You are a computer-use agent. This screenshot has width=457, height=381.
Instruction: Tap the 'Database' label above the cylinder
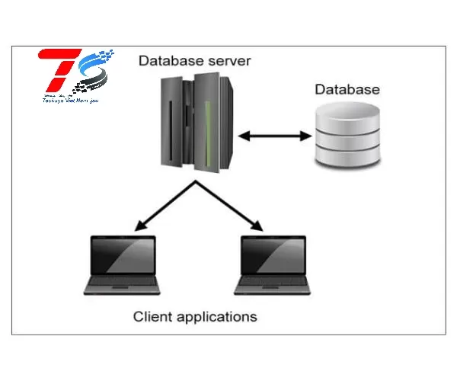347,90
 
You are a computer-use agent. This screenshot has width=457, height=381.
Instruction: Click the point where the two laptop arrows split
197,184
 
